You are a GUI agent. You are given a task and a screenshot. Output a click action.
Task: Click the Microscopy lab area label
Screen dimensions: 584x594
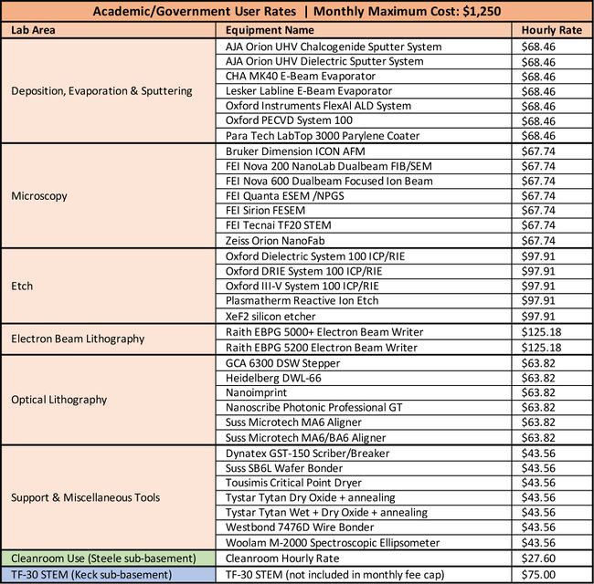pyautogui.click(x=38, y=195)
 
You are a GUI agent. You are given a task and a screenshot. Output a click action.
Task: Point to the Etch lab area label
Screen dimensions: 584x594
pyautogui.click(x=22, y=286)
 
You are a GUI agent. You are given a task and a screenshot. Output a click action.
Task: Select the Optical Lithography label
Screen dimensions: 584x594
pyautogui.click(x=59, y=399)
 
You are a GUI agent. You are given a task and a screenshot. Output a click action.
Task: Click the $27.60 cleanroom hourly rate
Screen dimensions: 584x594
pyautogui.click(x=538, y=557)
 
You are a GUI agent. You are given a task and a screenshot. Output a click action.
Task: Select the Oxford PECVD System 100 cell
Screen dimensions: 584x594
pyautogui.click(x=285, y=120)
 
